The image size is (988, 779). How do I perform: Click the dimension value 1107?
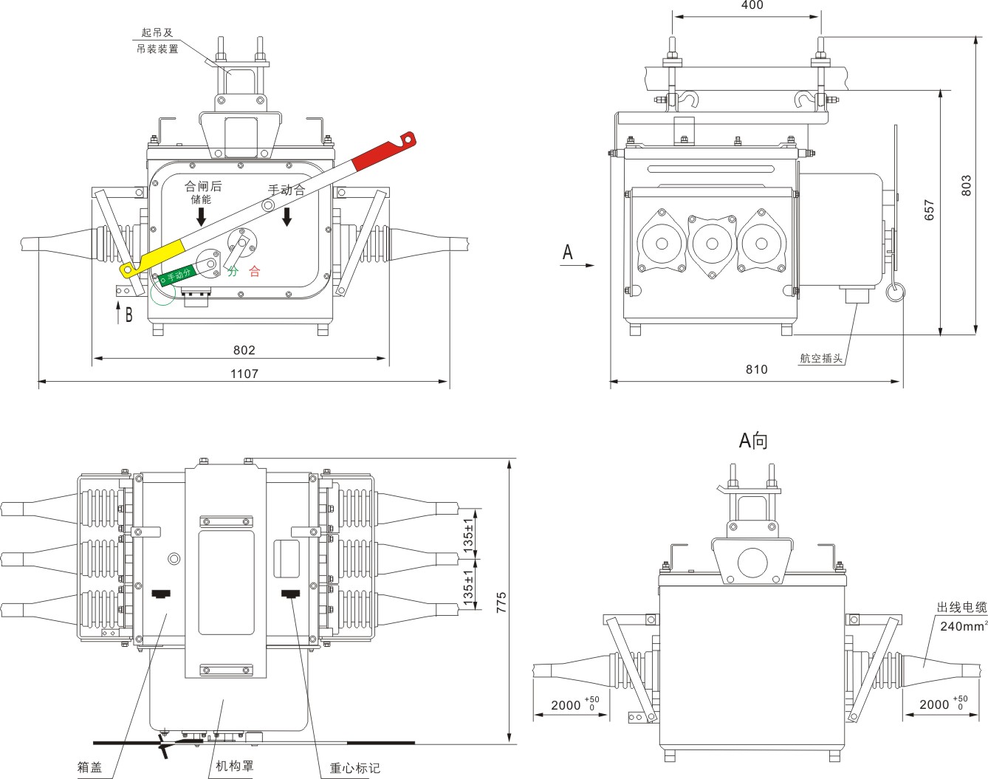[x=244, y=374]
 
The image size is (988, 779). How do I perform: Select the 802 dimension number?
[x=244, y=350]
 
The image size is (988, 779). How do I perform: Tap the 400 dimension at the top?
[x=752, y=6]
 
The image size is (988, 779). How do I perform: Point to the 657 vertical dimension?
[x=930, y=210]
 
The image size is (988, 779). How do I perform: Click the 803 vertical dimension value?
[x=967, y=185]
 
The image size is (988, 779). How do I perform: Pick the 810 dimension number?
[x=756, y=369]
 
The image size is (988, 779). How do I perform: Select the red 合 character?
[x=254, y=272]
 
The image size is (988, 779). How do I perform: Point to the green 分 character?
[x=233, y=272]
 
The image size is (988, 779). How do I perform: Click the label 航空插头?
[x=821, y=358]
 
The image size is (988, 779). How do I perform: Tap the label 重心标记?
[x=354, y=768]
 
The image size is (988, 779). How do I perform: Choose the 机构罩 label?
[x=234, y=766]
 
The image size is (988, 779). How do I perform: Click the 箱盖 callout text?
[x=89, y=767]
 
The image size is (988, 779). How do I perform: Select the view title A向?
[x=753, y=441]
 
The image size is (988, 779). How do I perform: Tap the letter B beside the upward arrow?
[x=129, y=315]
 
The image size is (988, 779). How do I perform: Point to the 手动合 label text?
[x=287, y=191]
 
